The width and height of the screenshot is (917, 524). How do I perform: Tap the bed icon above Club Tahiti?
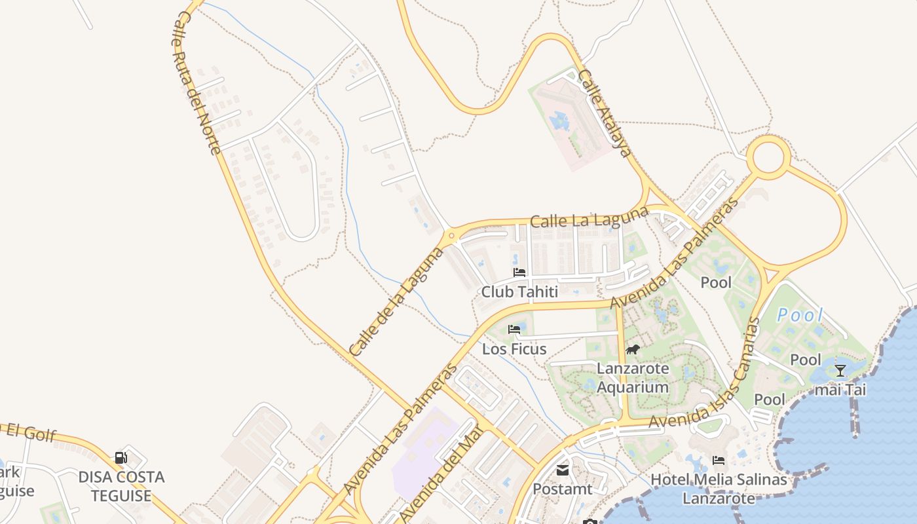coord(519,272)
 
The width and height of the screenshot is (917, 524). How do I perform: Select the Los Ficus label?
coord(514,349)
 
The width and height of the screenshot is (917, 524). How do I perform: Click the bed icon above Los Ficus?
coord(514,329)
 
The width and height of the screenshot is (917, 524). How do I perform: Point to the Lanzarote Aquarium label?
coord(633,378)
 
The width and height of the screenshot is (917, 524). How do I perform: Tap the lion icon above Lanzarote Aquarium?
coord(632,349)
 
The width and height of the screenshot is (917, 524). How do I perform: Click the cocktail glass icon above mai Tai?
coord(840,371)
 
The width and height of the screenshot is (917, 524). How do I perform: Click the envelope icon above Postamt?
coord(563,470)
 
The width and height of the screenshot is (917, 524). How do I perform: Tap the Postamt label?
coord(563,489)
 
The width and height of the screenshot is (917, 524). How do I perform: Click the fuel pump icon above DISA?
coord(121,457)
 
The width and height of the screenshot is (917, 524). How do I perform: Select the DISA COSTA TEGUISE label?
coord(121,486)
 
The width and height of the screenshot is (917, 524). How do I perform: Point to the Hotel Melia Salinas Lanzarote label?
coord(719,489)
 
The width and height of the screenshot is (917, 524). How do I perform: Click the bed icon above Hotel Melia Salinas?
coord(719,460)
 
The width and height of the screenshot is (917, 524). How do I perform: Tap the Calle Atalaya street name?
coord(605,113)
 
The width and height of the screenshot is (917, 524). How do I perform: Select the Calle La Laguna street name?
coord(589,218)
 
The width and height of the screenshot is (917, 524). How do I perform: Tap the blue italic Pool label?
coord(800,315)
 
